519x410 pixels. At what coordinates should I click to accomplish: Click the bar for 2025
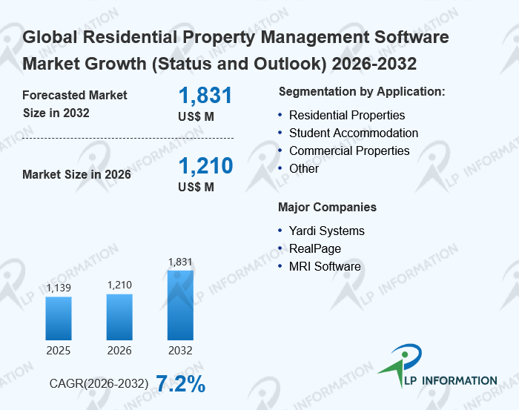click(x=59, y=318)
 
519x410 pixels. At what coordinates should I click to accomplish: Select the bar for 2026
click(x=119, y=317)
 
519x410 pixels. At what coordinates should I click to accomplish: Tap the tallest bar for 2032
click(x=180, y=305)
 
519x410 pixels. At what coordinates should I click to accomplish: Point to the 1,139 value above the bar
click(x=59, y=288)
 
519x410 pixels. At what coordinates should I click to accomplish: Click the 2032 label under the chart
click(x=180, y=351)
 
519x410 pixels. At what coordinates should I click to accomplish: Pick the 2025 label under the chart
click(x=59, y=351)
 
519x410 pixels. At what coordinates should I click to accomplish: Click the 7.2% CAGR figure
click(x=180, y=383)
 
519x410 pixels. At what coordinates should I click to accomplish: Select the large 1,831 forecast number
click(x=205, y=96)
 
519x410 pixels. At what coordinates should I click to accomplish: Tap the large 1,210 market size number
click(x=205, y=165)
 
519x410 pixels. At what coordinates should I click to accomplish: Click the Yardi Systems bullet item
click(x=326, y=231)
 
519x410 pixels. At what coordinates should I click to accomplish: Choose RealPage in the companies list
click(x=315, y=248)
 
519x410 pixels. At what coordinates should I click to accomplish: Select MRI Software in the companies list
click(x=325, y=266)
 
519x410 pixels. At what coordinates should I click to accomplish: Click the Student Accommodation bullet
click(x=353, y=133)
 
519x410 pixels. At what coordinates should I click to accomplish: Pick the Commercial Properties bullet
click(x=348, y=151)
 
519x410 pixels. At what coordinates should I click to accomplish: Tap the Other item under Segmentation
click(x=304, y=168)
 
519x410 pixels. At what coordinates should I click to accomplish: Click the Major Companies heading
click(x=327, y=207)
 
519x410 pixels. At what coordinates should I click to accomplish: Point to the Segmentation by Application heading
click(x=361, y=92)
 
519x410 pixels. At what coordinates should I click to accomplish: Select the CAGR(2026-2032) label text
click(x=99, y=384)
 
